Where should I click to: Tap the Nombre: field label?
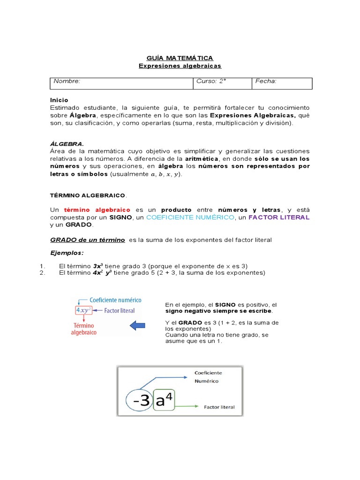click(x=67, y=81)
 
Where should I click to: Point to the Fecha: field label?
click(x=266, y=81)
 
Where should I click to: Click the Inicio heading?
click(x=59, y=100)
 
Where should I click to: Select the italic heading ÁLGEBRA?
click(x=67, y=144)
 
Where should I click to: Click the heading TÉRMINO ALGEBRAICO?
click(x=88, y=195)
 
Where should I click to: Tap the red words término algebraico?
click(x=97, y=210)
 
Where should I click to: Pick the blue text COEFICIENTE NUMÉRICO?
click(x=190, y=217)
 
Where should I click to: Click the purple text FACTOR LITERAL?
click(x=279, y=217)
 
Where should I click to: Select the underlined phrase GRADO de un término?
click(x=88, y=240)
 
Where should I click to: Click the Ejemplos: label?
click(x=67, y=253)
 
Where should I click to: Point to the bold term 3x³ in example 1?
click(x=98, y=266)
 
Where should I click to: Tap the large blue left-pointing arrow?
click(x=137, y=325)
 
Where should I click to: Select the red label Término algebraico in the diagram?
click(x=83, y=329)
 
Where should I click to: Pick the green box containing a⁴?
click(x=167, y=398)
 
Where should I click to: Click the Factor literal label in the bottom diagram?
click(x=219, y=407)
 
